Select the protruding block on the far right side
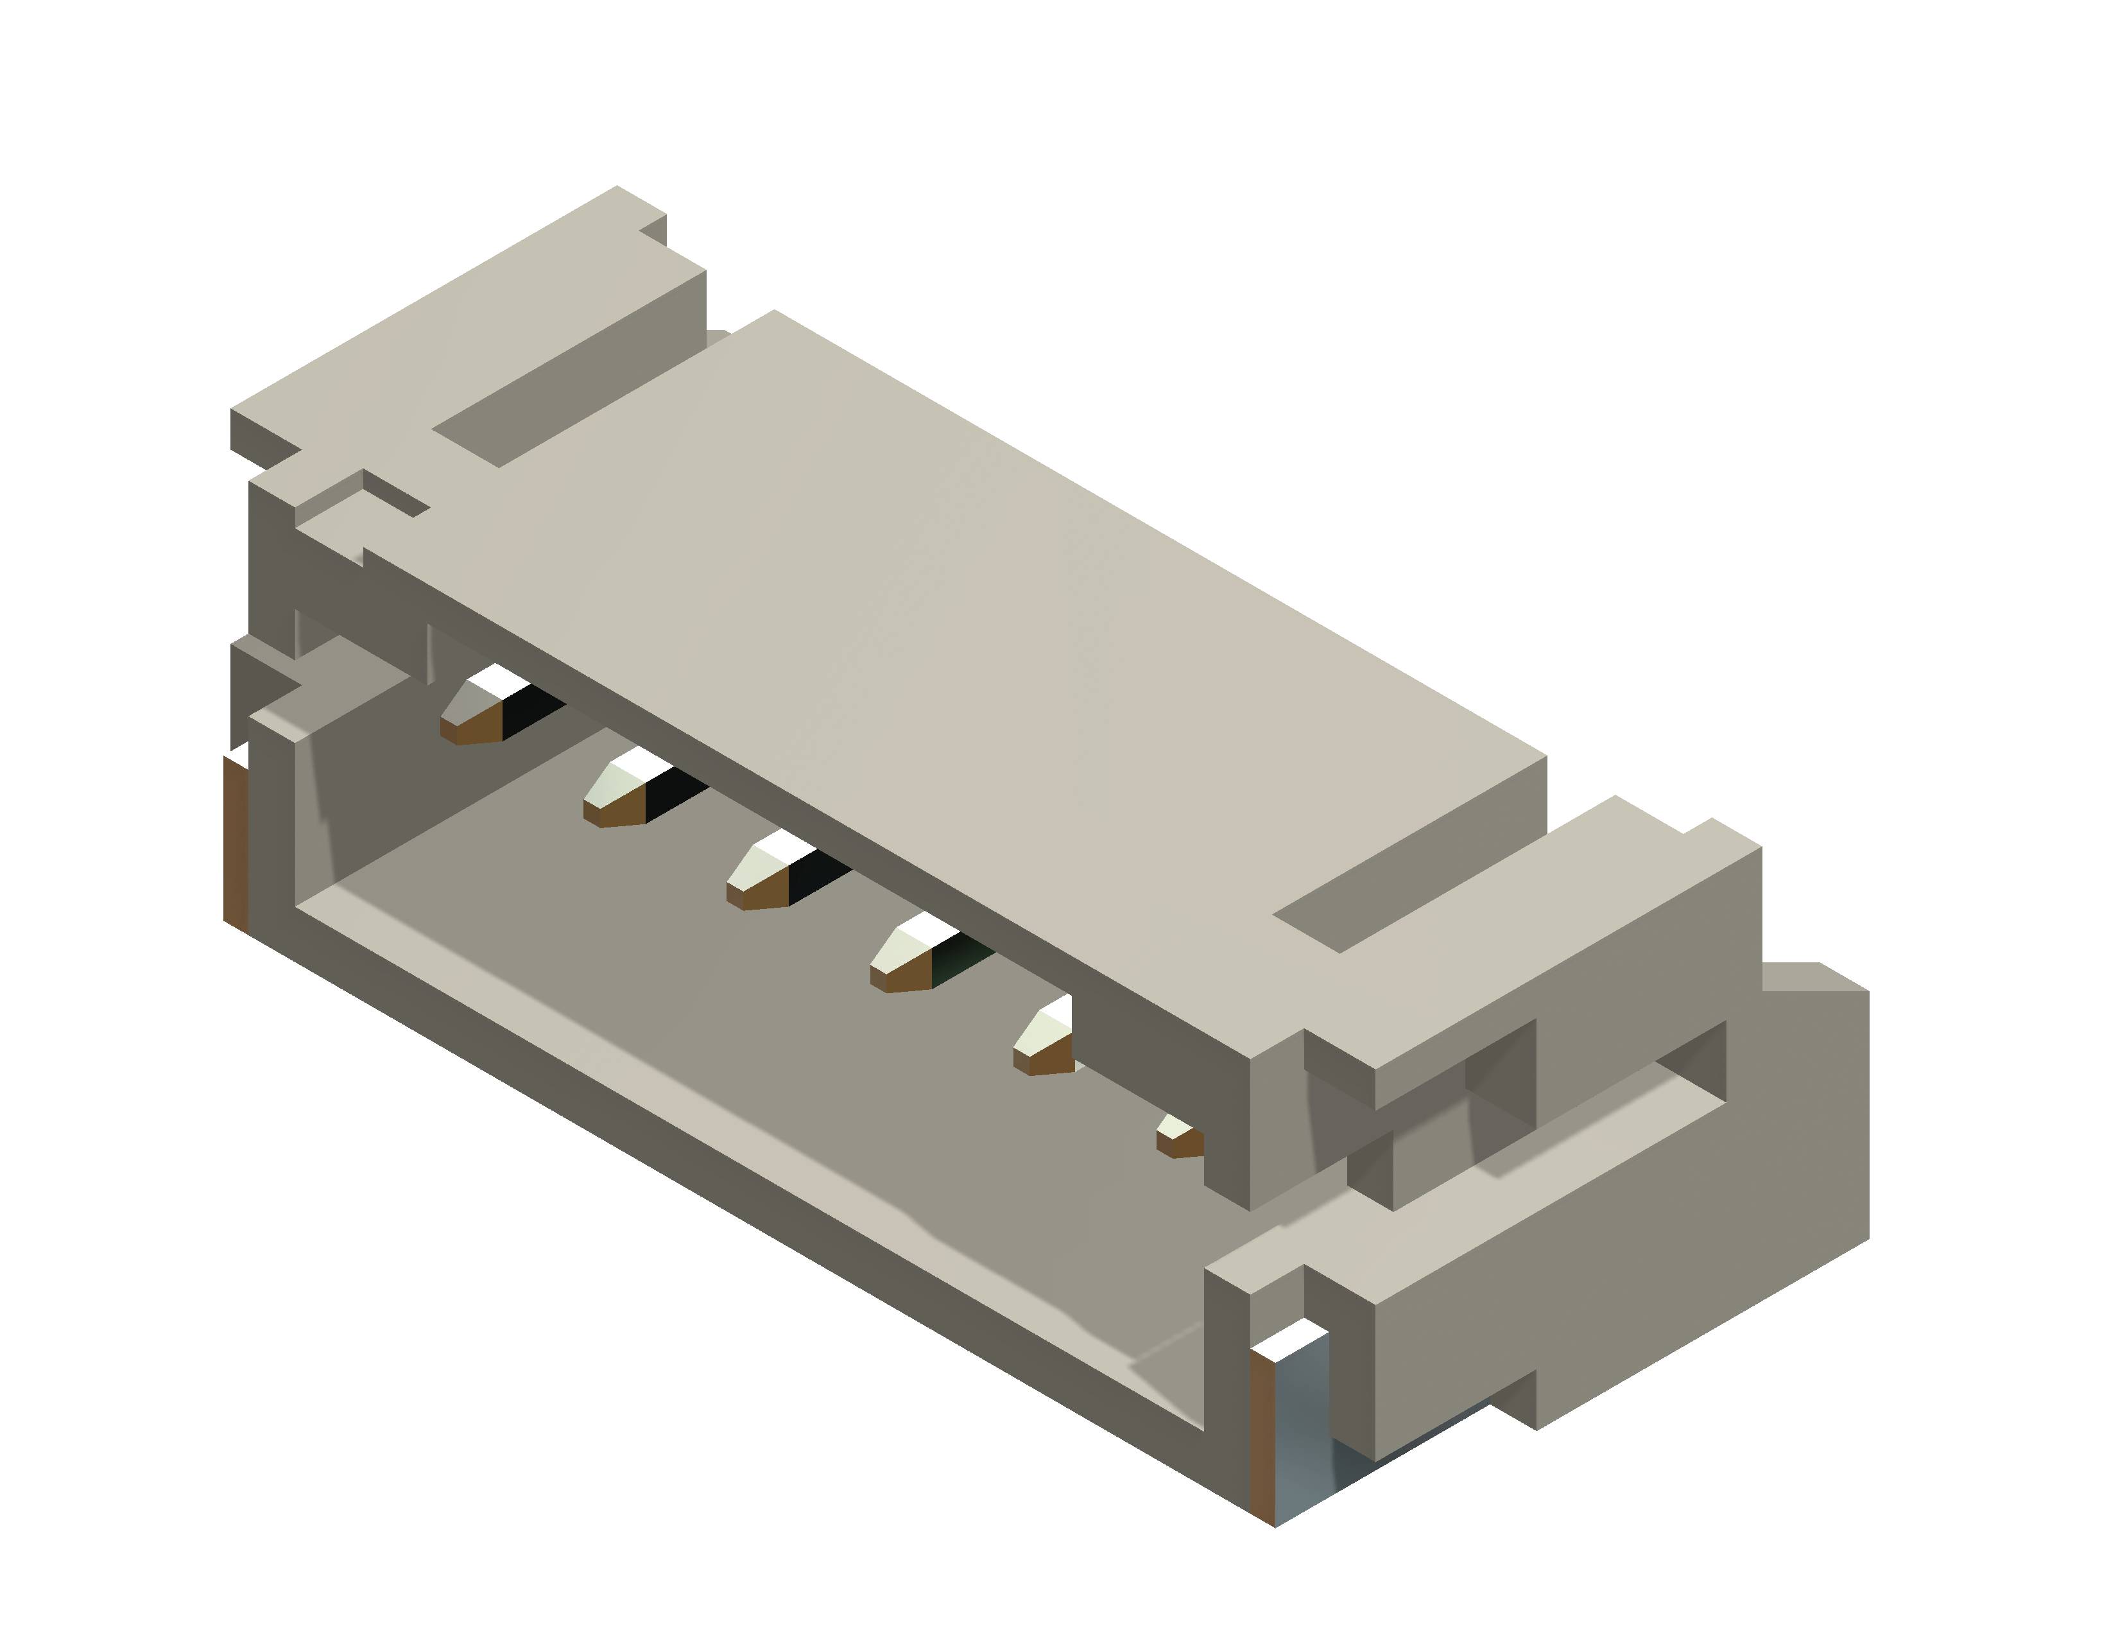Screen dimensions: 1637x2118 click(1814, 1115)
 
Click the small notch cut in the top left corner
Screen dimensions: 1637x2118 click(393, 494)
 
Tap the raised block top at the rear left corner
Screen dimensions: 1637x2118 click(456, 320)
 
